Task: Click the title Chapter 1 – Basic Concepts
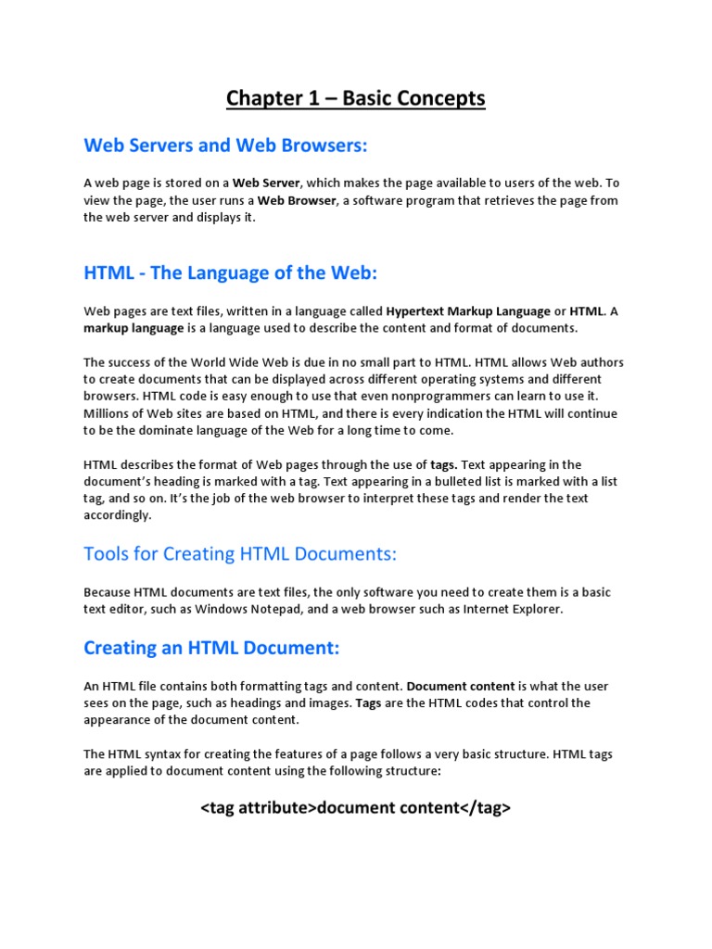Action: [356, 98]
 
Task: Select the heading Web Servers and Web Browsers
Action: [225, 146]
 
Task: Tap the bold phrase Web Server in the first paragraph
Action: [266, 183]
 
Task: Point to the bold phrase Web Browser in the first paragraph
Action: [297, 200]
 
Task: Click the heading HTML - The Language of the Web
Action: [231, 273]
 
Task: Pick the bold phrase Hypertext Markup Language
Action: [466, 311]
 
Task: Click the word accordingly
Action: [117, 515]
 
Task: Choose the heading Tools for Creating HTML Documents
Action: [240, 554]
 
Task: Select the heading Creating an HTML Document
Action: [212, 648]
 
